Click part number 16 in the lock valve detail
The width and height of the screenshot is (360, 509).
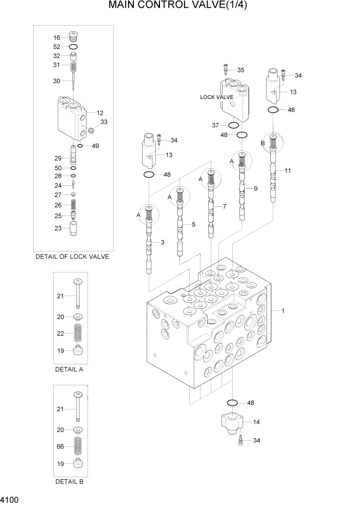tap(57, 37)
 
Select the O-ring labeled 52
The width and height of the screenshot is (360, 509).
tap(73, 47)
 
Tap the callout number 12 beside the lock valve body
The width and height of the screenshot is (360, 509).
tap(100, 113)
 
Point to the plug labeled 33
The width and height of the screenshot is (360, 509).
tap(90, 129)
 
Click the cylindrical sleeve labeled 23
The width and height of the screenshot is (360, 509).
tap(73, 228)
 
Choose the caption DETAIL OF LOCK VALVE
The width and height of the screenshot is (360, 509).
tap(72, 257)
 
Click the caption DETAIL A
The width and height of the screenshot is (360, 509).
tap(69, 369)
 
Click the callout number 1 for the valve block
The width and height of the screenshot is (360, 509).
tap(283, 310)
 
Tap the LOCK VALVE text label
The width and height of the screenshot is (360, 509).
tap(217, 97)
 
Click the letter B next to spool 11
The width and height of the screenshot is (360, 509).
tap(263, 143)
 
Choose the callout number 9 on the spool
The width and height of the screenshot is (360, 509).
tap(255, 188)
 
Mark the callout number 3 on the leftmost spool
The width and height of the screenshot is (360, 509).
tap(162, 242)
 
